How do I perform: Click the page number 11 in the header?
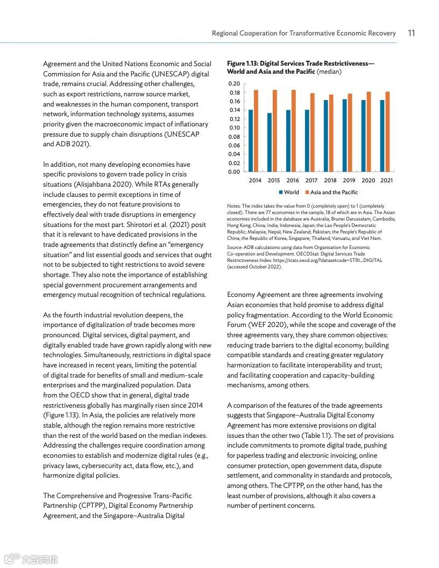tap(411, 33)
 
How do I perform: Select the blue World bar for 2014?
tap(251, 141)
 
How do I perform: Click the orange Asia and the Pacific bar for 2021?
tap(387, 132)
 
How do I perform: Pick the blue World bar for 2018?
tap(325, 136)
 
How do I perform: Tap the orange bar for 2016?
tap(294, 131)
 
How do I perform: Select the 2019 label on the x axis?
tap(349, 181)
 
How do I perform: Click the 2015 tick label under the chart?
tap(274, 181)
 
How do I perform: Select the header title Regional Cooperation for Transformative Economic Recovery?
tap(303, 33)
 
